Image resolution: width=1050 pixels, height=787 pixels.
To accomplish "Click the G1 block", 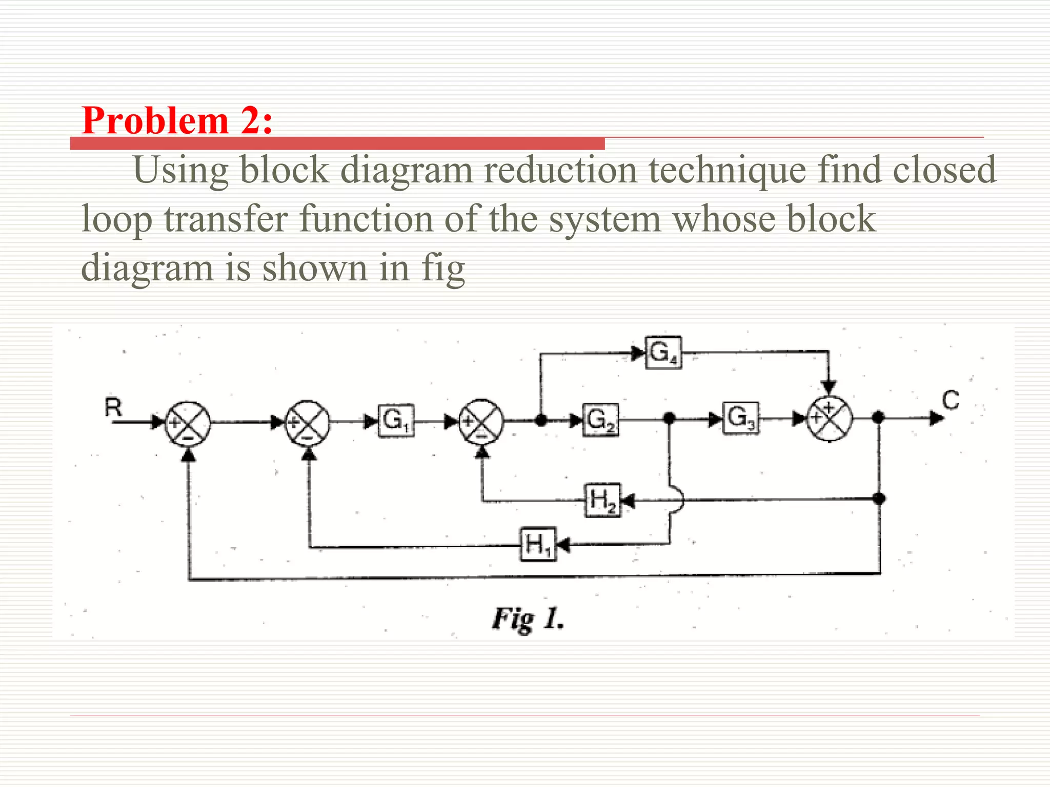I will pos(396,421).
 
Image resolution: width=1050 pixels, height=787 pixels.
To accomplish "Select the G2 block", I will pos(600,420).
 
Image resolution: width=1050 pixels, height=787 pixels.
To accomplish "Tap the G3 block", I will pos(741,418).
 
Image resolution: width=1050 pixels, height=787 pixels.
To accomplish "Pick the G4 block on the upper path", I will pos(663,353).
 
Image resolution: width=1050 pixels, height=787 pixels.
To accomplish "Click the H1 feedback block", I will pos(538,544).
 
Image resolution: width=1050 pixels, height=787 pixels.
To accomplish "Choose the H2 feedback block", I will pos(602,500).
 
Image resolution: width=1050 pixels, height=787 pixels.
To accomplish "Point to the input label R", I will pos(113,408).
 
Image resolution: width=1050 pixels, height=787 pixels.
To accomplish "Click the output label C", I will pos(951,400).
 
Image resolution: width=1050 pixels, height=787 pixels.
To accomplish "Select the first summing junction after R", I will pos(188,423).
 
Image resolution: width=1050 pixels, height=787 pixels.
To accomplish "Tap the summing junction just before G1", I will pos(308,422).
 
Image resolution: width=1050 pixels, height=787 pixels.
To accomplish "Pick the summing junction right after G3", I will pos(830,418).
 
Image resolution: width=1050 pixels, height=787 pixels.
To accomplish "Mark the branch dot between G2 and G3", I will pos(669,418).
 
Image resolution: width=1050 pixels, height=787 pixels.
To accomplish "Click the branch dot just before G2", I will pos(540,421).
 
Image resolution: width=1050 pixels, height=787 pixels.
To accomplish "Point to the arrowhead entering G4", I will pos(638,353).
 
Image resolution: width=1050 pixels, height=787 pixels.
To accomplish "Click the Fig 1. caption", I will pos(528,619).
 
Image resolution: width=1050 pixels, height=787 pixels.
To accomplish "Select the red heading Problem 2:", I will pos(177,121).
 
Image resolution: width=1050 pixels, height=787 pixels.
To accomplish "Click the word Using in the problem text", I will pos(180,171).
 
